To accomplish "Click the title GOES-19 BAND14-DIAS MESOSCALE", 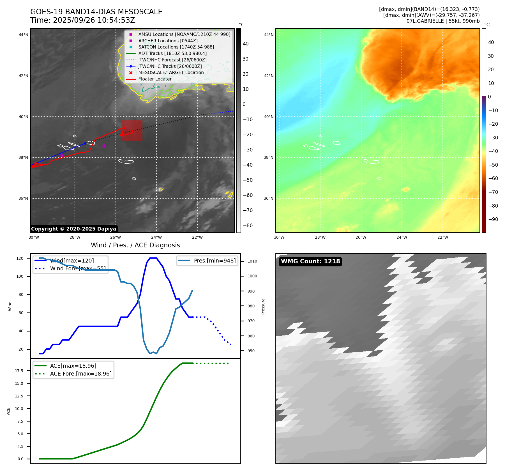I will (96, 12).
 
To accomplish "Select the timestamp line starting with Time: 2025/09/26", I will (82, 20).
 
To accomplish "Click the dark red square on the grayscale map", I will (132, 130).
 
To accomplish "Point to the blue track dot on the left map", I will (85, 143).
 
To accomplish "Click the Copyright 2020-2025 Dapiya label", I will (73, 229).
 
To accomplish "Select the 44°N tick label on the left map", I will (24, 35).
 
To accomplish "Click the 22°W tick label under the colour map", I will (442, 238).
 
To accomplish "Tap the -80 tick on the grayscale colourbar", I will (248, 226).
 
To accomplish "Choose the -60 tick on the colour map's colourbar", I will (493, 178).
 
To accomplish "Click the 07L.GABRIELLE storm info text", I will (443, 21).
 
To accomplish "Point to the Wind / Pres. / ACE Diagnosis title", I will (135, 245).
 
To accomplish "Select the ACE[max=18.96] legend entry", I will (73, 366).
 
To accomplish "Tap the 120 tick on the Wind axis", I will (20, 258).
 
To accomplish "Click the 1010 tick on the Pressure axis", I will (252, 261).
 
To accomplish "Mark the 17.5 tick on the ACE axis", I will (19, 371).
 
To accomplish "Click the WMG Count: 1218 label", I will (310, 261).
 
